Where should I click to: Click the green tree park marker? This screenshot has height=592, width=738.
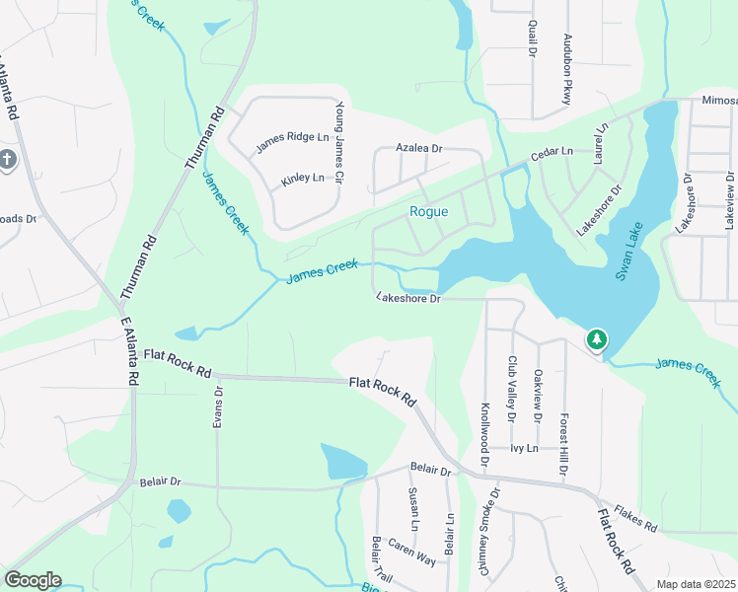pyautogui.click(x=597, y=340)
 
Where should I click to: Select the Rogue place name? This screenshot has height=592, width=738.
pyautogui.click(x=429, y=212)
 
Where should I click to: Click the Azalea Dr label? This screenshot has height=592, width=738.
pyautogui.click(x=420, y=147)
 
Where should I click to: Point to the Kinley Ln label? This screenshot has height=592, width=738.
pyautogui.click(x=303, y=179)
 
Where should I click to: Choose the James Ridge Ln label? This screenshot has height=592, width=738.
pyautogui.click(x=292, y=143)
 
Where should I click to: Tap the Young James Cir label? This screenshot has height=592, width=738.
pyautogui.click(x=339, y=143)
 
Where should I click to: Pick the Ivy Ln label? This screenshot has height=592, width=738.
pyautogui.click(x=524, y=448)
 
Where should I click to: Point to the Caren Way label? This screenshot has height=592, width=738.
pyautogui.click(x=411, y=553)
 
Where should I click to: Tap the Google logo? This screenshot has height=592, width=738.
pyautogui.click(x=33, y=580)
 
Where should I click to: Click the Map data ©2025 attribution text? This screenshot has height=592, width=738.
pyautogui.click(x=697, y=584)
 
